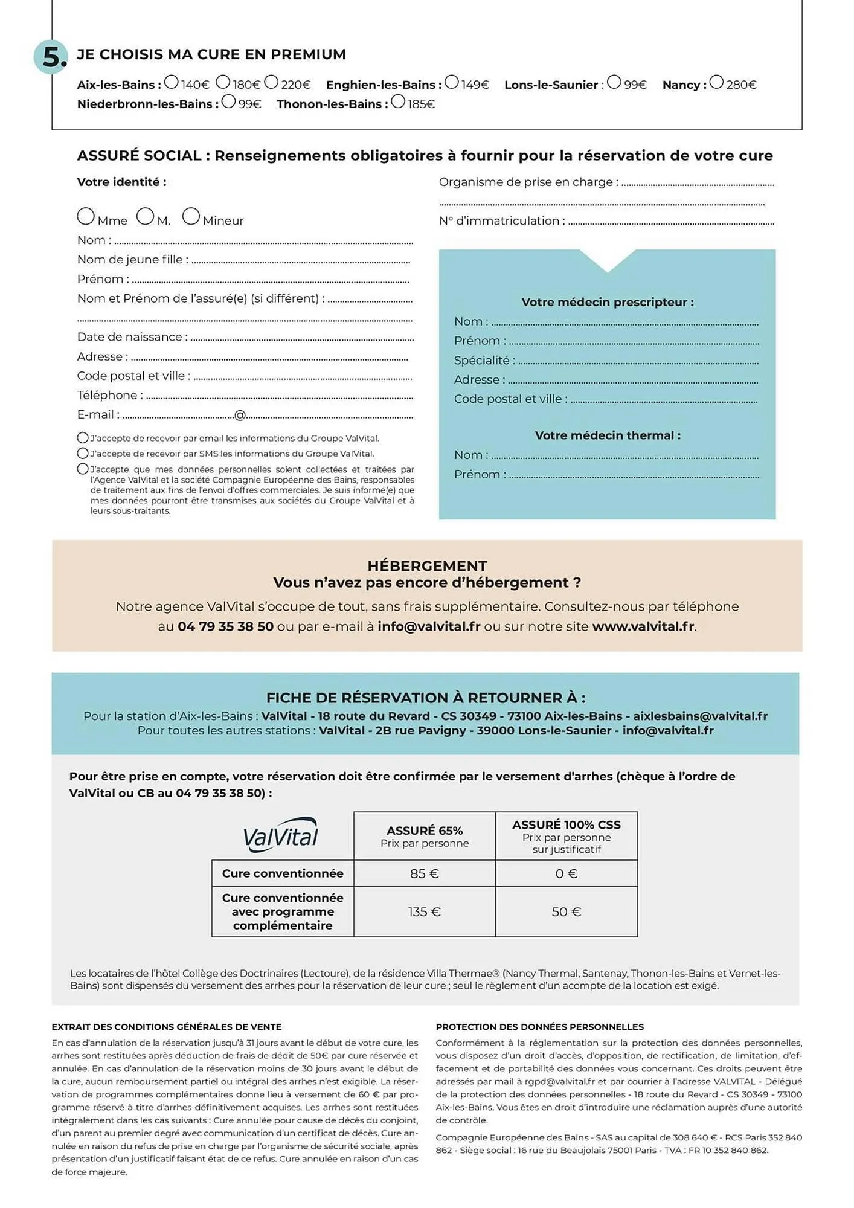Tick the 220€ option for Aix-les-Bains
tap(271, 82)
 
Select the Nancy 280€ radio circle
tap(716, 82)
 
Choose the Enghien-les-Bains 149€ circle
tap(451, 82)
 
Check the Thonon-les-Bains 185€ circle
tap(397, 101)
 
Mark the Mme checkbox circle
tap(86, 216)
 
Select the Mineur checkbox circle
tap(191, 216)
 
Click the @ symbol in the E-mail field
tap(240, 415)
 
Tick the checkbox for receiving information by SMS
tap(83, 453)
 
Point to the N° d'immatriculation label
tap(502, 221)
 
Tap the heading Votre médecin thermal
tap(607, 435)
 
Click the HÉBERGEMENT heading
tap(427, 566)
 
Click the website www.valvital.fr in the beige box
tap(643, 626)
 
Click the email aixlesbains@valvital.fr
tap(700, 716)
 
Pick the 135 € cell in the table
tap(424, 912)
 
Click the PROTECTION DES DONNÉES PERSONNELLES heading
tap(539, 1027)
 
